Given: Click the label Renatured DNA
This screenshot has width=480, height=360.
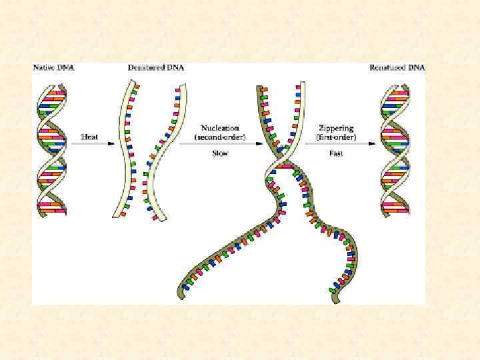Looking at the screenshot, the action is coord(398,68).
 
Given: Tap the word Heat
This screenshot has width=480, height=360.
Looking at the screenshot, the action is coord(90,137).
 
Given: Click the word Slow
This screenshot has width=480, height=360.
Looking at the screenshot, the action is coord(220,153).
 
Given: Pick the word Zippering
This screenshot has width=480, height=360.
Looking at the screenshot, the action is coord(336,127).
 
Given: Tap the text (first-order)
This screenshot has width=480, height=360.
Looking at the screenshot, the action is coord(336,137).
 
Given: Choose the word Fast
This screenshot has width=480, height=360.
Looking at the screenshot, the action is coord(335,153).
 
